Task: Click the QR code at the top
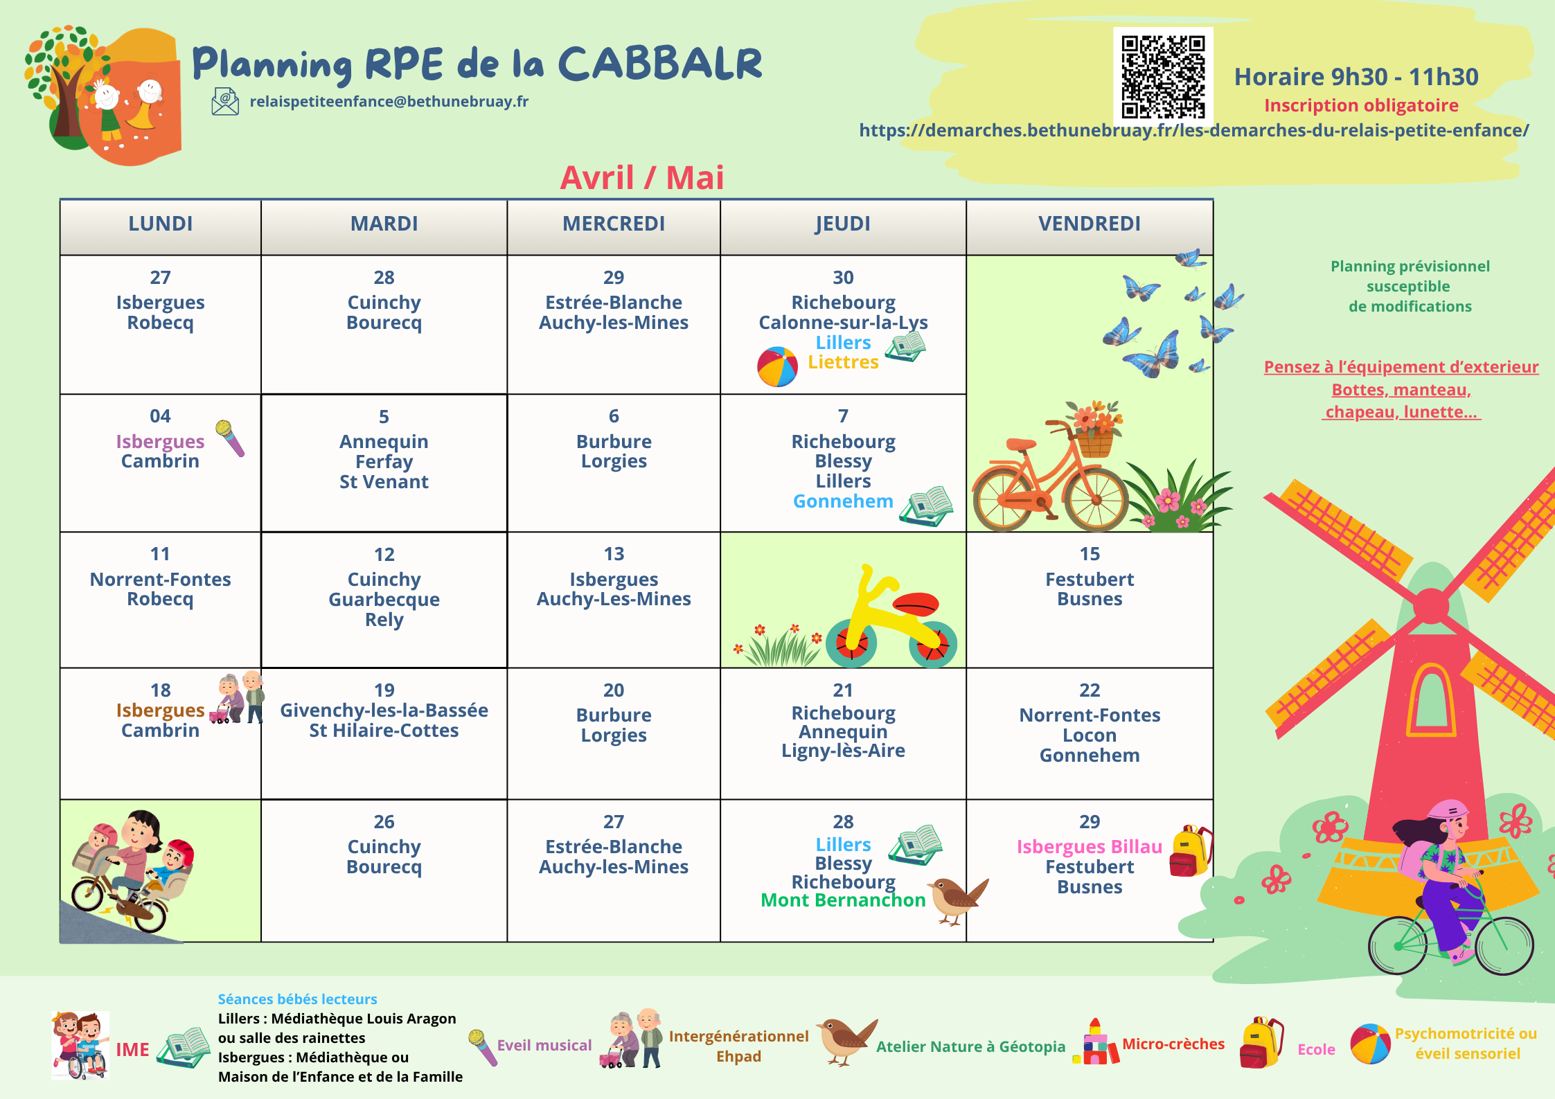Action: tap(1163, 76)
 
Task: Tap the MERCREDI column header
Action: tap(614, 224)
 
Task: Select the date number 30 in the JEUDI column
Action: tap(843, 278)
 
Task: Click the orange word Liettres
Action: tap(843, 362)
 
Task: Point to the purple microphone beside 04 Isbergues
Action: tap(230, 438)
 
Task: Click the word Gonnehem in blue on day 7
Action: tap(843, 501)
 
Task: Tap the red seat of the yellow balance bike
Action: tap(915, 604)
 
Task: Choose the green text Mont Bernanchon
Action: tap(843, 900)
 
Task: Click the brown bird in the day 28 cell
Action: tap(958, 899)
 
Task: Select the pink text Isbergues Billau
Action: tap(1090, 847)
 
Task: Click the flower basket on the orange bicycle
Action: tap(1094, 429)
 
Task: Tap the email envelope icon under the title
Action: tap(225, 101)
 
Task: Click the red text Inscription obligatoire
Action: tap(1361, 105)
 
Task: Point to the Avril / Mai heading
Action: tap(642, 177)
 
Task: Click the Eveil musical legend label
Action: tap(544, 1045)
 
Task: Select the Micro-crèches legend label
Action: tap(1173, 1044)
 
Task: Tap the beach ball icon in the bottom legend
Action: tap(1370, 1044)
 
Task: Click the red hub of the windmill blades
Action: tap(1431, 607)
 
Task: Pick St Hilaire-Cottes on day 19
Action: tap(384, 731)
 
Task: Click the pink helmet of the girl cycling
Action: tap(1448, 810)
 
